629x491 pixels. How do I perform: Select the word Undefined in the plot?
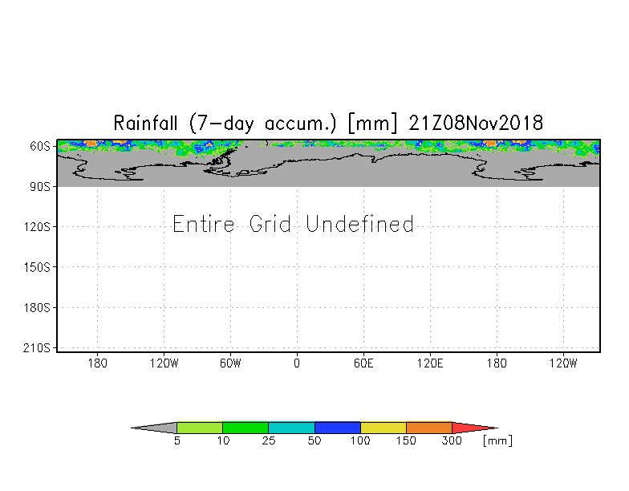coord(360,224)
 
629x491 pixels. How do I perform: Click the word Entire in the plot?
coord(205,224)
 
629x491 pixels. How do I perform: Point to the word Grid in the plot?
coord(273,224)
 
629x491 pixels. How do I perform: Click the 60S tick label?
coord(41,147)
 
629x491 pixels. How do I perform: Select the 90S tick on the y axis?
coord(41,187)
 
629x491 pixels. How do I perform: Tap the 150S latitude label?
coord(39,267)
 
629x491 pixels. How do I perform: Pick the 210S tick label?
coord(39,348)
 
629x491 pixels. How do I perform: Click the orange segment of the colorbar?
coord(429,428)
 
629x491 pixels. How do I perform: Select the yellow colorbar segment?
coord(383,428)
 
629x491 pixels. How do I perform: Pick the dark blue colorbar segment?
coord(338,428)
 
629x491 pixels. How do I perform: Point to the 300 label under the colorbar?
coord(452,441)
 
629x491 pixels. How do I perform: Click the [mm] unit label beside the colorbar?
coord(497,441)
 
